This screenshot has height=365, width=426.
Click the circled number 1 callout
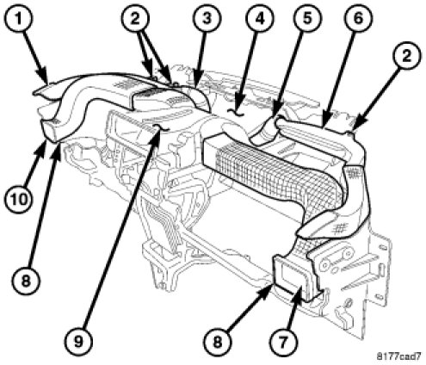point(18,19)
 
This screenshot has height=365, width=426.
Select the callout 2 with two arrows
point(135,19)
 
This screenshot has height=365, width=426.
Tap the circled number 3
point(207,19)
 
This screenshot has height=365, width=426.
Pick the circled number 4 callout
point(259,19)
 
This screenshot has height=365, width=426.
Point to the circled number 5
point(307,19)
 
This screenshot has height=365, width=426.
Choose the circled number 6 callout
point(358,19)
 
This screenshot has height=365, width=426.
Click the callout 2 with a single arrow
point(406,55)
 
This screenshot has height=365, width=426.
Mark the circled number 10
point(19,198)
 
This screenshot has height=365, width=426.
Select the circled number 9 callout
point(78,342)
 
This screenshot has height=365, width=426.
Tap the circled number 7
point(283,342)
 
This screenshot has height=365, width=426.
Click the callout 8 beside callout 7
point(217,342)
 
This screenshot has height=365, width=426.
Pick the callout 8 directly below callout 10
point(26,279)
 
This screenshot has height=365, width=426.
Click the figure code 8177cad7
point(399,356)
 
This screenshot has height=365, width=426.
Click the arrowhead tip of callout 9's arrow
point(157,129)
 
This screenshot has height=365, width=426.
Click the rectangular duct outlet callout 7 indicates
point(293,275)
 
